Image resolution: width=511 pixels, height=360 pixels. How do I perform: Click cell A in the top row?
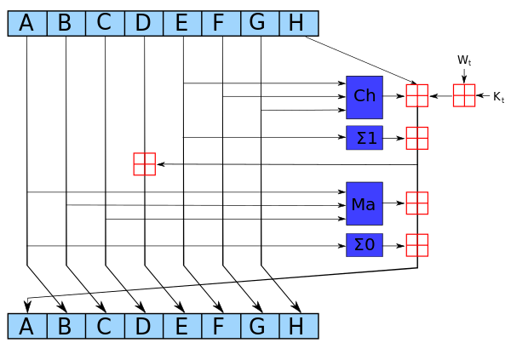[27, 23]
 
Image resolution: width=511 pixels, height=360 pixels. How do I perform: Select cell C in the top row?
[105, 23]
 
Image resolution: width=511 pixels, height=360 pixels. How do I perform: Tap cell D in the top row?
[143, 23]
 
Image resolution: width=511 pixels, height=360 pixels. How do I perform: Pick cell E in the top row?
[182, 23]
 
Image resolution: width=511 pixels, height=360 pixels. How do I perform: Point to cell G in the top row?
[260, 23]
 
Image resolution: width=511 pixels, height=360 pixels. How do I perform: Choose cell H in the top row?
[298, 23]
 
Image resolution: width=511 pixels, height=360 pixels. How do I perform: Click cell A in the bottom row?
[27, 326]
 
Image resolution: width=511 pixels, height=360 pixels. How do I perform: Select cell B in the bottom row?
[66, 326]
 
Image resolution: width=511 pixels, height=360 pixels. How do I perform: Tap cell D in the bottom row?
[143, 326]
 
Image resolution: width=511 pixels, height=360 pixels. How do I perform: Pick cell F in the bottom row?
[221, 326]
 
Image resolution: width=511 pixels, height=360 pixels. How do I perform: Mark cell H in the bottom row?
[298, 326]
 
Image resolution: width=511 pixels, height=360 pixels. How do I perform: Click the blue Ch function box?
[365, 97]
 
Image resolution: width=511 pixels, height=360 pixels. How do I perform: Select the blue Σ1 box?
[365, 138]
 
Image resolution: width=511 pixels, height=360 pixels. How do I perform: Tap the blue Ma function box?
[365, 203]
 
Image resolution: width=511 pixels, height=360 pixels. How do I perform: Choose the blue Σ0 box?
[365, 245]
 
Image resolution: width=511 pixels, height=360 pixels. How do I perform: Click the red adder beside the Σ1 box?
[416, 138]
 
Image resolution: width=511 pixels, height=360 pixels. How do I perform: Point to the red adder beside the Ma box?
[416, 203]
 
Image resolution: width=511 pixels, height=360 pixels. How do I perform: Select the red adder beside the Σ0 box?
[416, 245]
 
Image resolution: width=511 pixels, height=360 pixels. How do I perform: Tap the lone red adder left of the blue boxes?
[144, 164]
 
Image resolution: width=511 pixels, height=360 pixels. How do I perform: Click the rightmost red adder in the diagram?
[464, 95]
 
